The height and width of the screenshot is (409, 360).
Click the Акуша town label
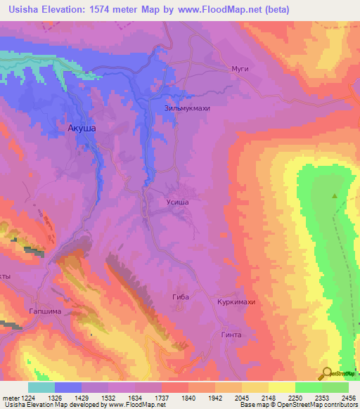82,129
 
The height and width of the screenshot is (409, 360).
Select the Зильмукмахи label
187,109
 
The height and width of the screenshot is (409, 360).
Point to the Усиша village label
177,202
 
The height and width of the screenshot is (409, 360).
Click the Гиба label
181,297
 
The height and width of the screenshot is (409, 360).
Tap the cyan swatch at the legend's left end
41,387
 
